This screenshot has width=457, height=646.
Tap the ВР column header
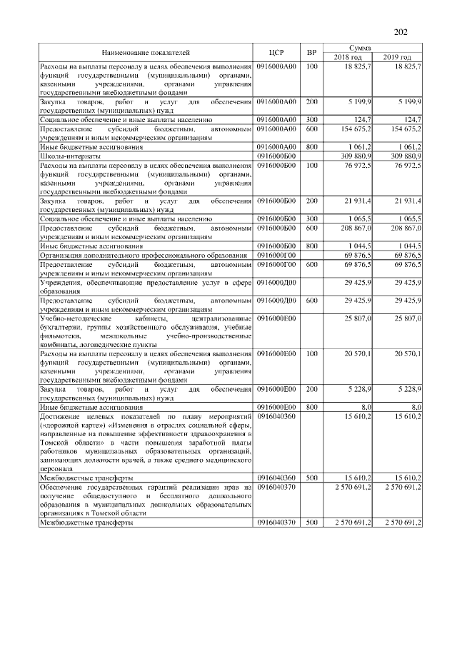coord(311,53)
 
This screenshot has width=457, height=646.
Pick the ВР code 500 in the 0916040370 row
coord(311,523)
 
